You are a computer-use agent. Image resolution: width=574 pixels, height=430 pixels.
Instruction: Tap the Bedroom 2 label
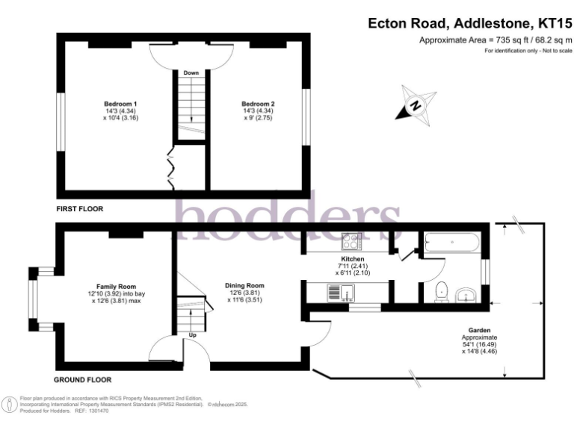[258, 103]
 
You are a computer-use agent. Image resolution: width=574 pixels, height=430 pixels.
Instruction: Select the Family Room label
[116, 287]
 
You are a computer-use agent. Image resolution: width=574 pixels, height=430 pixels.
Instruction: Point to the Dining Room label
[244, 285]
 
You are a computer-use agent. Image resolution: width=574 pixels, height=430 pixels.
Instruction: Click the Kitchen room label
[352, 258]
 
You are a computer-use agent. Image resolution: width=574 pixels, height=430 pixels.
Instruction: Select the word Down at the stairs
[191, 73]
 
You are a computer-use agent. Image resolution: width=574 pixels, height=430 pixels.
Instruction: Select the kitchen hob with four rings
[351, 241]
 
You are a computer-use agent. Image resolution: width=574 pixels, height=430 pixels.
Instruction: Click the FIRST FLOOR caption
[79, 209]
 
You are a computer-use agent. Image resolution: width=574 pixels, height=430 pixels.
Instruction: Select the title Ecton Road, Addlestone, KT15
[470, 23]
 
